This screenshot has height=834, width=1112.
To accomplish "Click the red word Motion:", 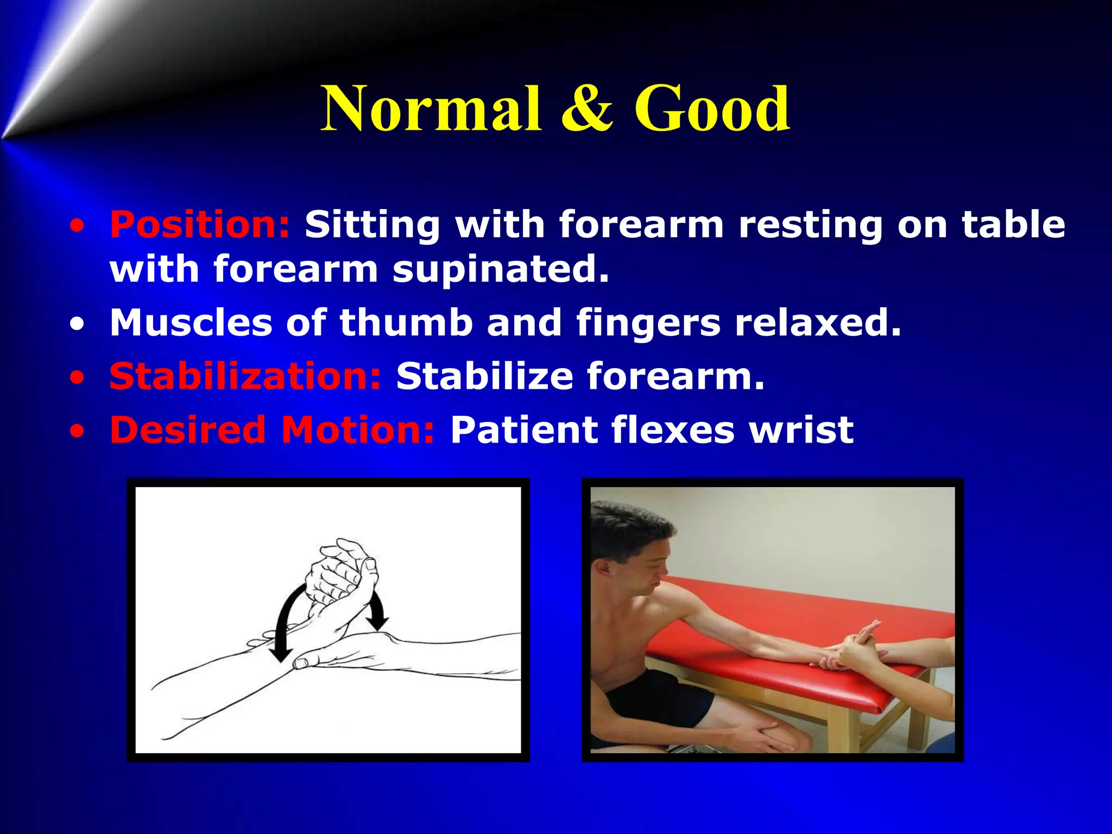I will [358, 430].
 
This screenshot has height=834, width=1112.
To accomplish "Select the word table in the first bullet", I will [1013, 224].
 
